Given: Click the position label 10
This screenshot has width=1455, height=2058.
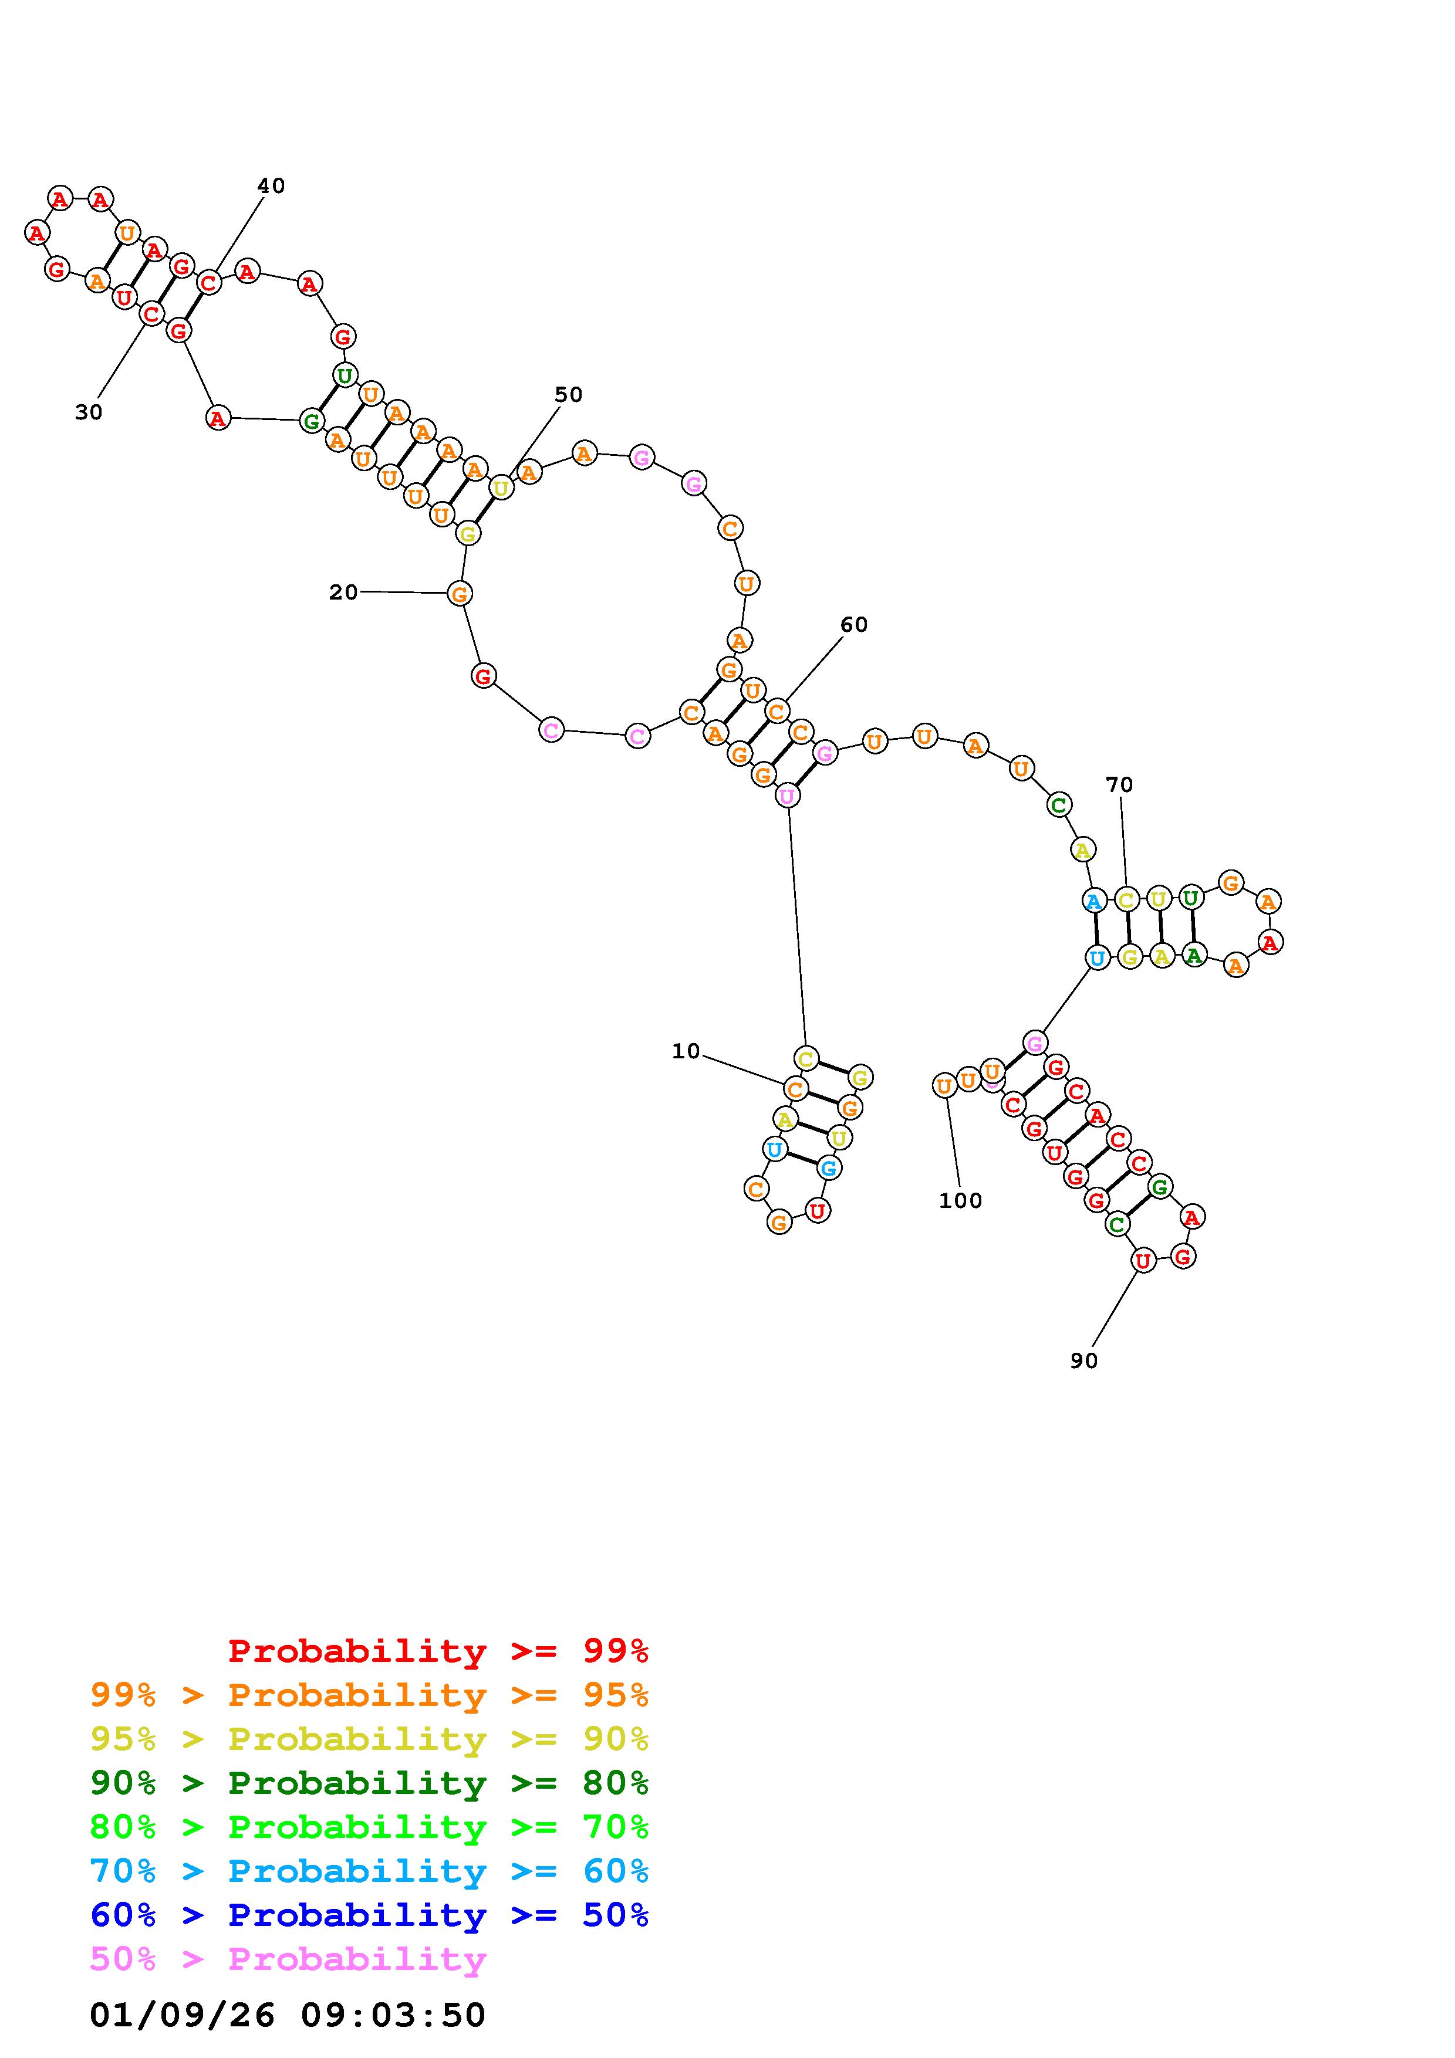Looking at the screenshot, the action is click(x=686, y=1051).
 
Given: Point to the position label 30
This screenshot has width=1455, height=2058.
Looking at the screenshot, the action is click(x=89, y=412).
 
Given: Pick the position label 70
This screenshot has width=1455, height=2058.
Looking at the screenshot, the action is click(x=1119, y=784).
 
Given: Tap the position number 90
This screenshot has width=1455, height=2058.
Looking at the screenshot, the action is click(x=1084, y=1360).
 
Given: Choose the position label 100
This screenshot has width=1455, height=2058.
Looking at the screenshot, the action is click(x=960, y=1200).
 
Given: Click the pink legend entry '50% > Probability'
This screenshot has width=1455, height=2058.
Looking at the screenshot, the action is click(x=289, y=1958).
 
